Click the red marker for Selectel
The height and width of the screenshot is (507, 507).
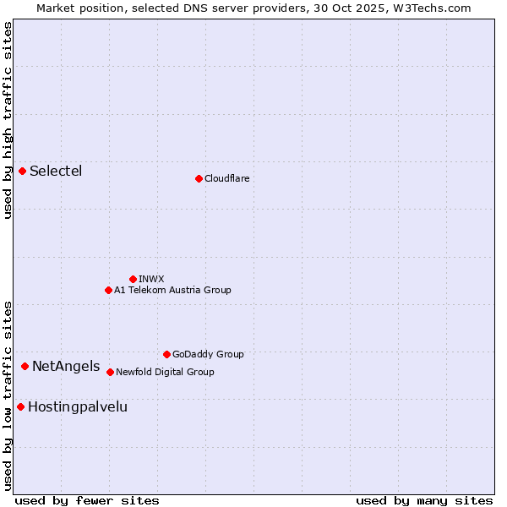pyautogui.click(x=23, y=172)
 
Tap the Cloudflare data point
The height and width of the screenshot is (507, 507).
pyautogui.click(x=199, y=178)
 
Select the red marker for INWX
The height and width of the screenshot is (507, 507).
pyautogui.click(x=133, y=279)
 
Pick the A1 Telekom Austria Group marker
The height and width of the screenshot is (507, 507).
pyautogui.click(x=108, y=290)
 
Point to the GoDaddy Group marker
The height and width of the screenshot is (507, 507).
pyautogui.click(x=166, y=354)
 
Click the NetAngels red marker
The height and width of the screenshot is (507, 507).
pyautogui.click(x=25, y=366)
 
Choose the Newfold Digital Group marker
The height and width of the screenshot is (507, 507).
pyautogui.click(x=110, y=372)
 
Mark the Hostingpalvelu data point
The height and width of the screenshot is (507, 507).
pyautogui.click(x=20, y=406)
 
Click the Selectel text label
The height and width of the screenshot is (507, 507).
pyautogui.click(x=56, y=172)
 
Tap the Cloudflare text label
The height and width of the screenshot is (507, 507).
pyautogui.click(x=226, y=178)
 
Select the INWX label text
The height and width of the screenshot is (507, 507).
pyautogui.click(x=151, y=279)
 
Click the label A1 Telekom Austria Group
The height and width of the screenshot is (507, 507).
pyautogui.click(x=172, y=290)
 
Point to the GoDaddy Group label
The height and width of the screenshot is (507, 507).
pyautogui.click(x=208, y=354)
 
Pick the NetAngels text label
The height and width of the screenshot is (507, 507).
pyautogui.click(x=66, y=366)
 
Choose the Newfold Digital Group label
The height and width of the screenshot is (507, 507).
pyautogui.click(x=165, y=372)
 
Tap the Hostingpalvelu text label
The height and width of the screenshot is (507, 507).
pyautogui.click(x=78, y=406)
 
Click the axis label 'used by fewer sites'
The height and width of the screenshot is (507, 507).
pyautogui.click(x=87, y=500)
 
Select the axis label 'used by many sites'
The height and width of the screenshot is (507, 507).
pyautogui.click(x=424, y=500)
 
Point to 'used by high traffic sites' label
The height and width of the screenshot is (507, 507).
pyautogui.click(x=8, y=120)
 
